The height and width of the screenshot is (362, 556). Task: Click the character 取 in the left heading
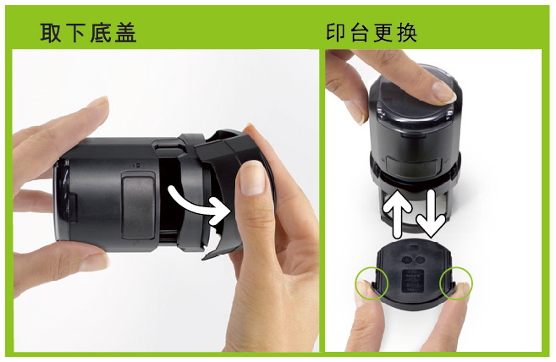pyautogui.click(x=51, y=33)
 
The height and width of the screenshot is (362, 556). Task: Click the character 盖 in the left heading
pyautogui.click(x=125, y=33)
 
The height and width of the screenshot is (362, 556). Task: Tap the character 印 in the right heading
pyautogui.click(x=335, y=33)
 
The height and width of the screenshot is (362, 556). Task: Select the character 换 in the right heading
pyautogui.click(x=407, y=33)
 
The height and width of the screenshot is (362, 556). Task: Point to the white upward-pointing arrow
pyautogui.click(x=397, y=213)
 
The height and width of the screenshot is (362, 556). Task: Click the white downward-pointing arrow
pyautogui.click(x=431, y=213)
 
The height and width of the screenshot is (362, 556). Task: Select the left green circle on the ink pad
pyautogui.click(x=372, y=283)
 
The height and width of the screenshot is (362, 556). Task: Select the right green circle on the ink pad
pyautogui.click(x=456, y=283)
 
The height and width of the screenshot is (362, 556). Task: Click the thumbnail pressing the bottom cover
pyautogui.click(x=252, y=178)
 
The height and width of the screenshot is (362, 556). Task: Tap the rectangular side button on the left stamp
pyautogui.click(x=138, y=206)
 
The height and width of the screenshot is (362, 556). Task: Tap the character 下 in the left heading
pyautogui.click(x=75, y=33)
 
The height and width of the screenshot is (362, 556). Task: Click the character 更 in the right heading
pyautogui.click(x=383, y=33)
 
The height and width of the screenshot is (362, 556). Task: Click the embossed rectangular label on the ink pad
pyautogui.click(x=413, y=280)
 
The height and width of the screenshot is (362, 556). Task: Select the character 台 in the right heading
pyautogui.click(x=359, y=33)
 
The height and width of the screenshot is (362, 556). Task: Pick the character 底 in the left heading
pyautogui.click(x=101, y=33)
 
